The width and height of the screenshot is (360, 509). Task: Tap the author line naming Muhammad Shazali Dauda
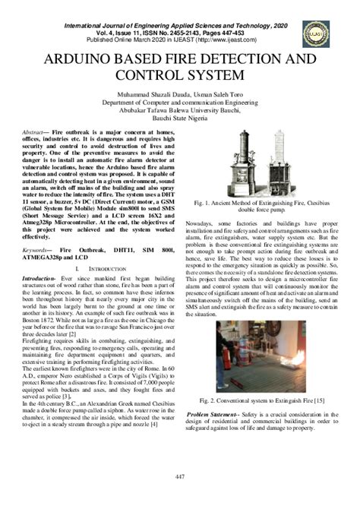point(180,93)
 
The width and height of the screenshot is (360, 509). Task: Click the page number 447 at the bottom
point(180,476)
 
